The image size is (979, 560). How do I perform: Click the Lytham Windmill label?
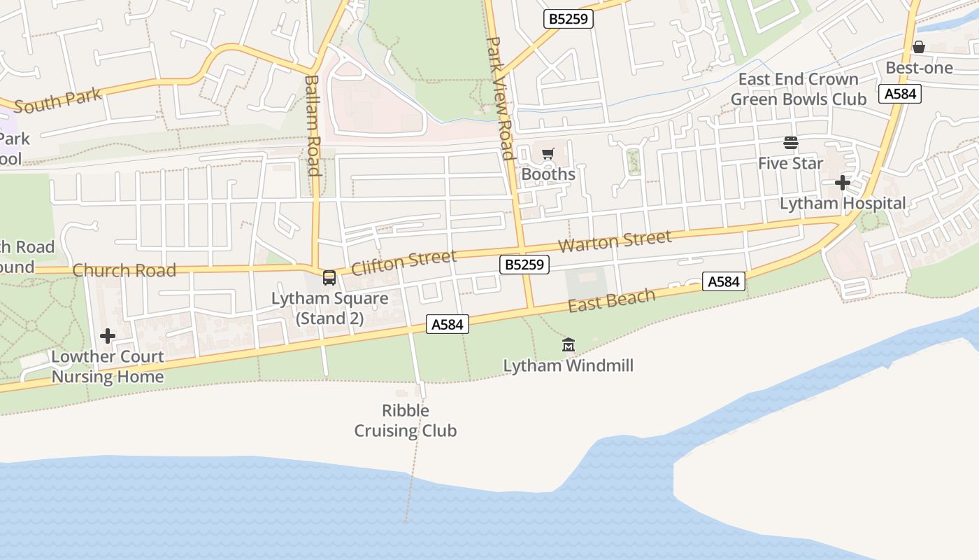click(568, 365)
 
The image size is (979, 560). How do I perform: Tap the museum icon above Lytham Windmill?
click(568, 344)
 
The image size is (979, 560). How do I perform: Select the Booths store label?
click(548, 174)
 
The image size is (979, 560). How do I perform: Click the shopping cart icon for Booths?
click(548, 153)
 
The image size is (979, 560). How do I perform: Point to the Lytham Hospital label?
click(843, 204)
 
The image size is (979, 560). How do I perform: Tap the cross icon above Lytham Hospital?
click(843, 183)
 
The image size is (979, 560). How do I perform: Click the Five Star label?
click(791, 163)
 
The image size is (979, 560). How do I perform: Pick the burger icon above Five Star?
click(791, 143)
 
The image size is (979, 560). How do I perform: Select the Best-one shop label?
click(919, 68)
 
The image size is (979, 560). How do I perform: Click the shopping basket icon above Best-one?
click(919, 47)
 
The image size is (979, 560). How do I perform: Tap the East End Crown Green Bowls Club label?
click(798, 90)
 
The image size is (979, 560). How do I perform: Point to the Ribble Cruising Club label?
click(406, 421)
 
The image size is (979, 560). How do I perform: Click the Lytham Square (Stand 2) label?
click(329, 308)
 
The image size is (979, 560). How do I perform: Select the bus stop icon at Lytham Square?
click(329, 277)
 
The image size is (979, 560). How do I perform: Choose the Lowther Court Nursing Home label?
click(108, 367)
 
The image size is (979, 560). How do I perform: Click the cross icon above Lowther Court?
click(108, 337)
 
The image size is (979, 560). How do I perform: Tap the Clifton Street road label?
click(403, 262)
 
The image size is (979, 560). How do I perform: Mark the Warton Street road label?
click(615, 241)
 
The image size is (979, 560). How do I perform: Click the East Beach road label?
click(612, 300)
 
